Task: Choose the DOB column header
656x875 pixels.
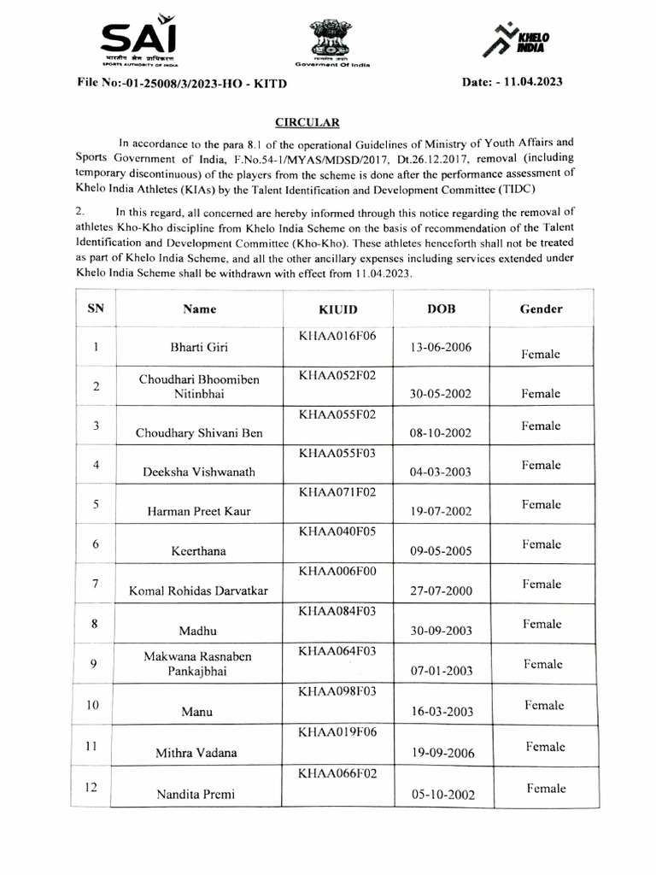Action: pyautogui.click(x=441, y=308)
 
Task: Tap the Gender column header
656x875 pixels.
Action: pyautogui.click(x=542, y=308)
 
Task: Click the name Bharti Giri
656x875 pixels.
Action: pyautogui.click(x=199, y=348)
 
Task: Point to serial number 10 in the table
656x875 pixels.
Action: pyautogui.click(x=96, y=705)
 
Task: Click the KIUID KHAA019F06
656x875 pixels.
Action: pyautogui.click(x=339, y=732)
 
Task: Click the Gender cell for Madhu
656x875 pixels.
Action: pyautogui.click(x=542, y=624)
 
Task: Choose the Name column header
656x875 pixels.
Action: pyautogui.click(x=199, y=308)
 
